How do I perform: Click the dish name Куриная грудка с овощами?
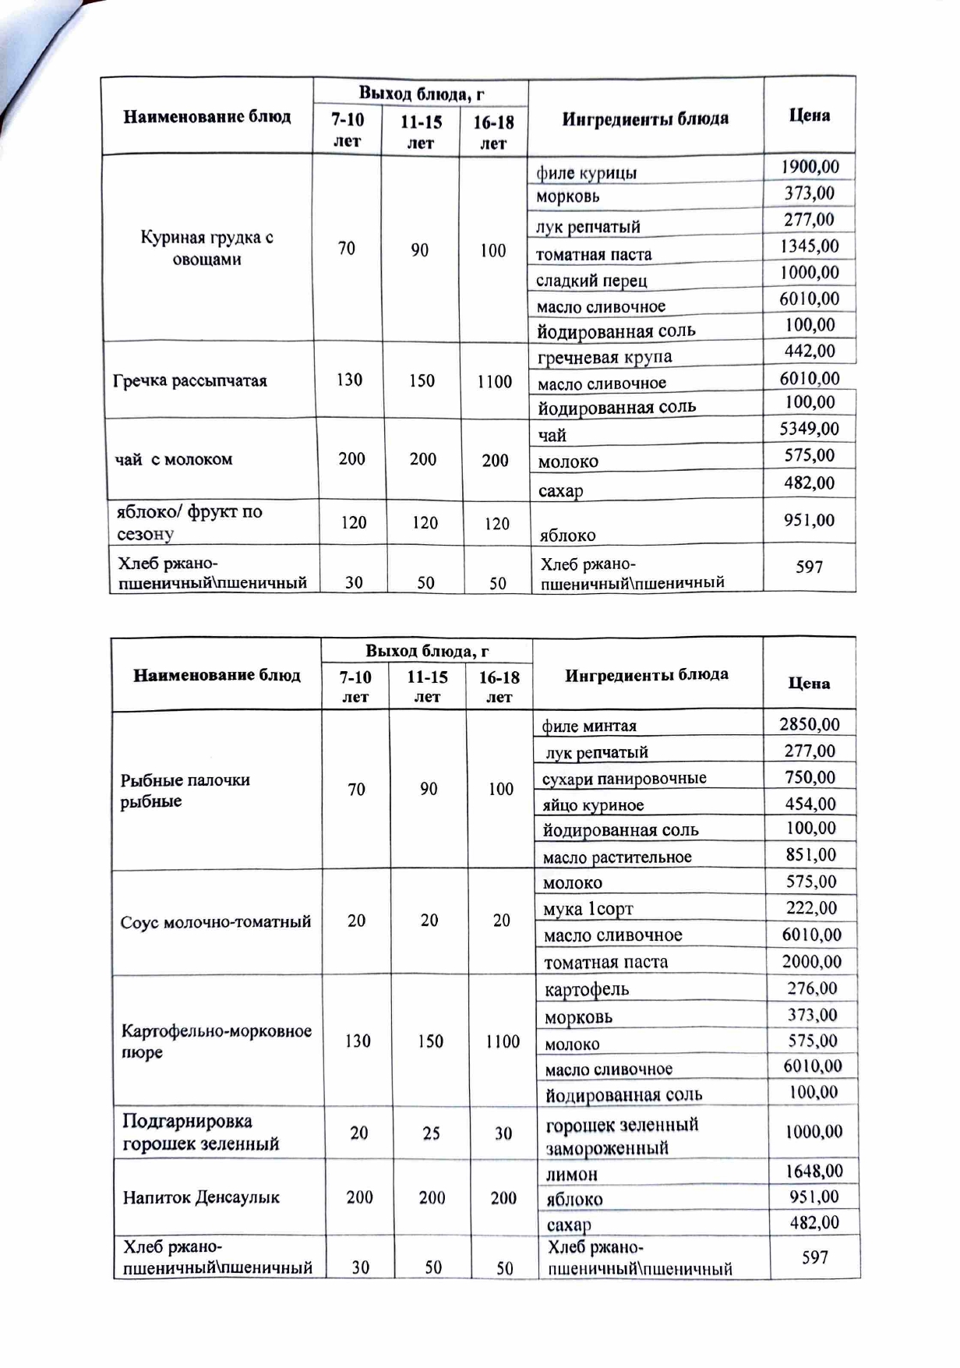[x=206, y=248]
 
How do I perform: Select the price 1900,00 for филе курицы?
[x=810, y=167]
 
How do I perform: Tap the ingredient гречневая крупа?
[x=605, y=358]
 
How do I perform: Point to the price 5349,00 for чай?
[x=810, y=429]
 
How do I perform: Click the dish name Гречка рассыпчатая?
[x=190, y=381]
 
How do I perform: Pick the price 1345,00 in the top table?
[x=810, y=246]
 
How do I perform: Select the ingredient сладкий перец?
[x=591, y=281]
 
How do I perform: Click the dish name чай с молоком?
[x=174, y=459]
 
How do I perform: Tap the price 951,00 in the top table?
[x=809, y=520]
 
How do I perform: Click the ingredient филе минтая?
[x=589, y=726]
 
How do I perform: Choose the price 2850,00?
[x=810, y=724]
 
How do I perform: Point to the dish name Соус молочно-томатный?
[x=216, y=922]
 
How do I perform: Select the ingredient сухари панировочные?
[x=624, y=778]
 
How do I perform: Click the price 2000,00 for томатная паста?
[x=812, y=962]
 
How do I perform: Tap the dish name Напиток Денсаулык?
[x=201, y=1197]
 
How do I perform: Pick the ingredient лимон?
[x=572, y=1174]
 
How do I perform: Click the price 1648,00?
[x=814, y=1171]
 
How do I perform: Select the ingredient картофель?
[x=587, y=990]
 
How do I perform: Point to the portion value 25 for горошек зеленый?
[x=432, y=1133]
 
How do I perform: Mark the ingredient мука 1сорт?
[x=588, y=909]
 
